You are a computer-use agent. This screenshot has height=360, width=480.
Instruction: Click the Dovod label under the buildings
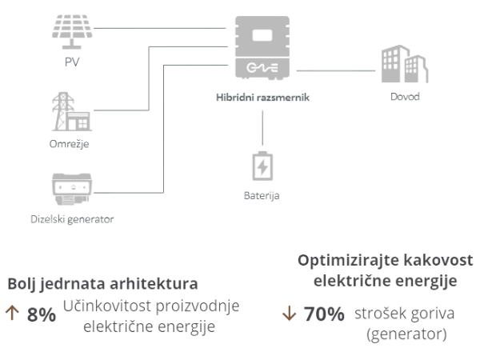(x=404, y=98)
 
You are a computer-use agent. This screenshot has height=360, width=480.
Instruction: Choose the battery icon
(x=262, y=167)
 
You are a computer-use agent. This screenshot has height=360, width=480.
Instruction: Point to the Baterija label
(x=262, y=194)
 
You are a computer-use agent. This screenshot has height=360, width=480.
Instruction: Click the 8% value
(x=41, y=314)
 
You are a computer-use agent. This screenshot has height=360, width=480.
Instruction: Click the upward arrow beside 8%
(x=12, y=314)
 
